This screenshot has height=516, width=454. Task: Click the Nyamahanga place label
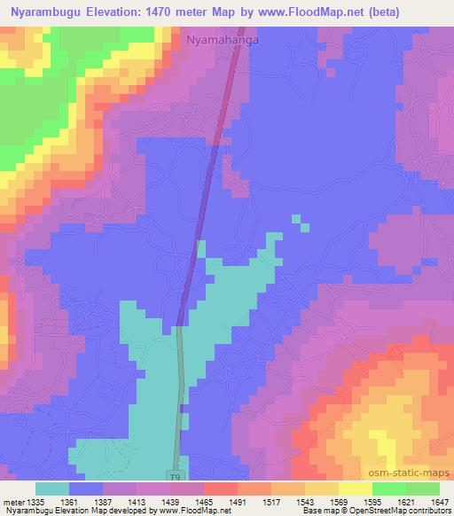tap(223, 39)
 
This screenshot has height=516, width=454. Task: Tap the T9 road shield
tap(176, 475)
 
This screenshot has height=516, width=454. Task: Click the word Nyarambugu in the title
tap(47, 12)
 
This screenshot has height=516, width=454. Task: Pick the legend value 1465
tap(203, 501)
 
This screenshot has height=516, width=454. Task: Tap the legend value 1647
tap(439, 501)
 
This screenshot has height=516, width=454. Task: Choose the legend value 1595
tap(372, 501)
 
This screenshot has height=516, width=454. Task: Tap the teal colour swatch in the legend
tap(52, 489)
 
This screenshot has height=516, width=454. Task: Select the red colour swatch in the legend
tap(221, 489)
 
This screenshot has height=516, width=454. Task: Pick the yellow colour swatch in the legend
tap(356, 489)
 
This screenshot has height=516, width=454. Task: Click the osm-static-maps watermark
tap(416, 474)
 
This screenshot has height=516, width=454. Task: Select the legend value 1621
tap(405, 501)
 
